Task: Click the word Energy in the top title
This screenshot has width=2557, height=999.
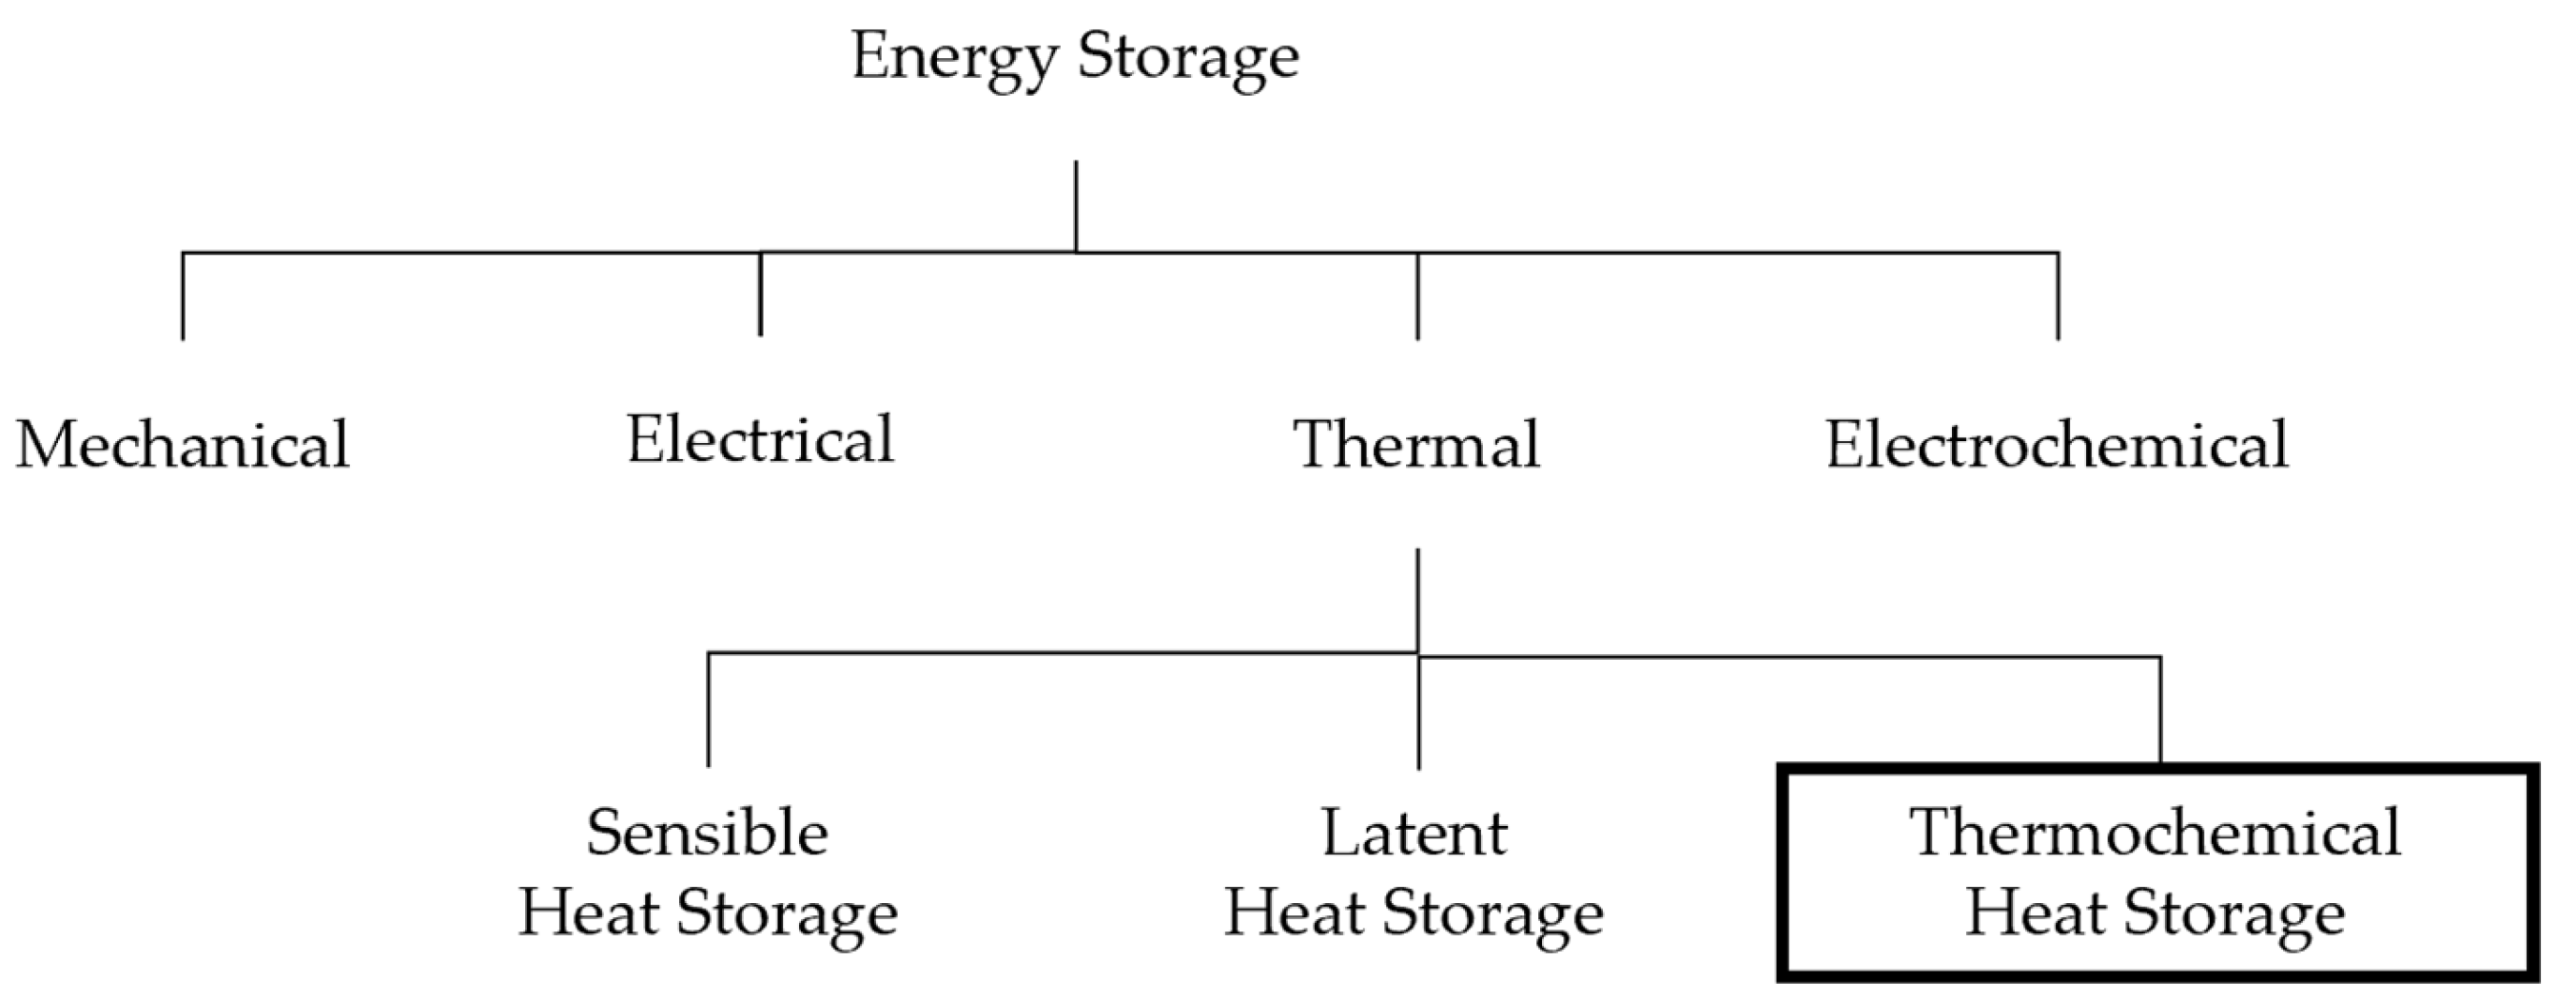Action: click(x=954, y=58)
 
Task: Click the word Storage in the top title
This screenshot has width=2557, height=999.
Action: click(x=1188, y=58)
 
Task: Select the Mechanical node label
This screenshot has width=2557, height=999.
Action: click(x=183, y=445)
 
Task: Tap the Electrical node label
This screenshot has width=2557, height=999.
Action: click(x=760, y=439)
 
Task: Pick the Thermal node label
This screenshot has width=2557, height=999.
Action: click(x=1416, y=445)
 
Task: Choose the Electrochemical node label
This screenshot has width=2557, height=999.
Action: click(x=2057, y=445)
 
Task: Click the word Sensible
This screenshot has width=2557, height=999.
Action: click(x=707, y=833)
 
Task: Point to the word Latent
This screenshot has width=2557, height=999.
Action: click(x=1415, y=833)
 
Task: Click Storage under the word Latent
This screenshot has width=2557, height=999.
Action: click(x=1493, y=913)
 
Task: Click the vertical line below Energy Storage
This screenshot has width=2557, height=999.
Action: click(x=1076, y=206)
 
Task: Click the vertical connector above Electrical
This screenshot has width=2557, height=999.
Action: click(x=760, y=294)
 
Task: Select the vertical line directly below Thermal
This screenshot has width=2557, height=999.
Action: click(x=1417, y=600)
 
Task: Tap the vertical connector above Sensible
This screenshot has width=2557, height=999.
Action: click(x=708, y=709)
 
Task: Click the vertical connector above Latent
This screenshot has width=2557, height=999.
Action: click(x=1418, y=712)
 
